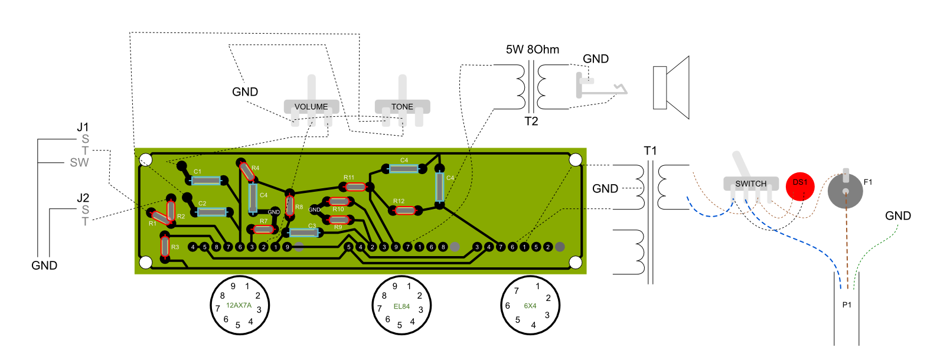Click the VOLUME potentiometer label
click(x=311, y=107)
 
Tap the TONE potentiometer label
click(x=402, y=107)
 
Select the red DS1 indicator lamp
click(x=800, y=186)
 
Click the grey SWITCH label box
click(x=750, y=184)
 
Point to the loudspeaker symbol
click(x=671, y=88)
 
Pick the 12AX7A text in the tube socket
click(x=239, y=306)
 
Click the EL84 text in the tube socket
click(x=401, y=306)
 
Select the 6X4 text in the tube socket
click(x=530, y=306)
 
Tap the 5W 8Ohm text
click(x=532, y=50)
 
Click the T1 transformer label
click(x=650, y=151)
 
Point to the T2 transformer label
click(x=531, y=122)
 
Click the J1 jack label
click(x=83, y=127)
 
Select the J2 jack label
click(x=83, y=198)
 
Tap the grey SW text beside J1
click(x=79, y=163)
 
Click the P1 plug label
click(x=847, y=305)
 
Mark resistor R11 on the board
click(x=355, y=187)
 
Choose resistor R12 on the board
click(x=404, y=210)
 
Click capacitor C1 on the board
click(x=206, y=181)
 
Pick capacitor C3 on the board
click(x=304, y=233)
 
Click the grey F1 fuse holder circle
click(x=845, y=191)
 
